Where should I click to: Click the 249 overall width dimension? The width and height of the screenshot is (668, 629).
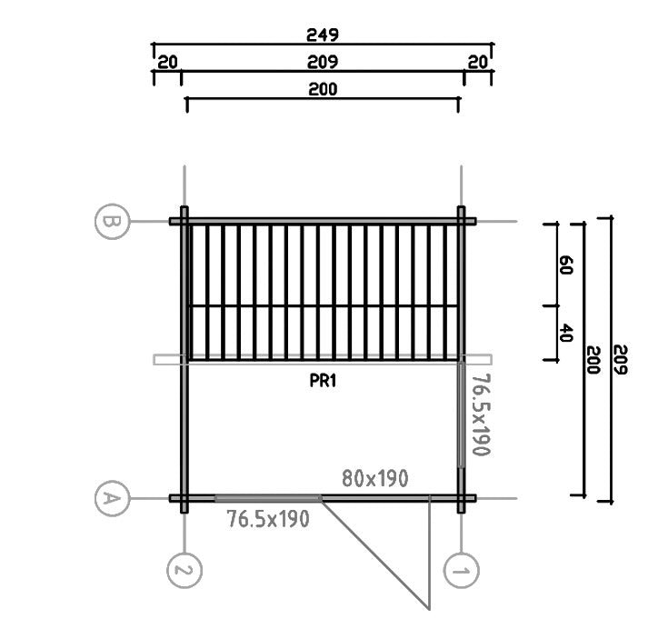323,35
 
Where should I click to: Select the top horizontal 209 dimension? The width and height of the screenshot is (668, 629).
323,62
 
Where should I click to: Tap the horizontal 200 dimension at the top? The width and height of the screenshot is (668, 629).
323,89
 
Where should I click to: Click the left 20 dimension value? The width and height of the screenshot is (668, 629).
167,62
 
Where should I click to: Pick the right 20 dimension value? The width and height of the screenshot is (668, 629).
477,62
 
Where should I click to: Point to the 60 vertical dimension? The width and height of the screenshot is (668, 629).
565,265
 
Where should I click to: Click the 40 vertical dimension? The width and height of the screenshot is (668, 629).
565,333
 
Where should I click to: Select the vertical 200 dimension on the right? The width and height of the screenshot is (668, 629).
593,360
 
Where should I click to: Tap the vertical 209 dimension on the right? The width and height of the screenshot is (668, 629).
621,360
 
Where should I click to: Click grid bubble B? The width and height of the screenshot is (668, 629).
112,221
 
